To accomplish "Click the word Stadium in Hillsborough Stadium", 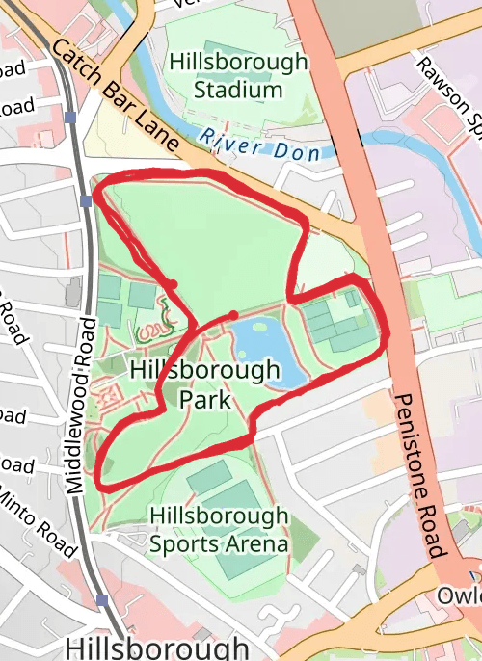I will [x=238, y=90].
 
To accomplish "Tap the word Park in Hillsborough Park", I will [x=204, y=397].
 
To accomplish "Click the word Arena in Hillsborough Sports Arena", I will [x=254, y=542].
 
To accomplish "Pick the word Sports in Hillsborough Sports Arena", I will [x=182, y=542].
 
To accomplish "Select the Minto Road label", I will [x=39, y=519].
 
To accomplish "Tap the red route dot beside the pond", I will [x=233, y=315].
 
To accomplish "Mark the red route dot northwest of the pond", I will [x=173, y=283].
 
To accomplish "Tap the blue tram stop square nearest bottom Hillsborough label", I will [x=102, y=599].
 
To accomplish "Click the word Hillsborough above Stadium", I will [x=238, y=62].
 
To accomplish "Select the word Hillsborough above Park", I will [x=204, y=370].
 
